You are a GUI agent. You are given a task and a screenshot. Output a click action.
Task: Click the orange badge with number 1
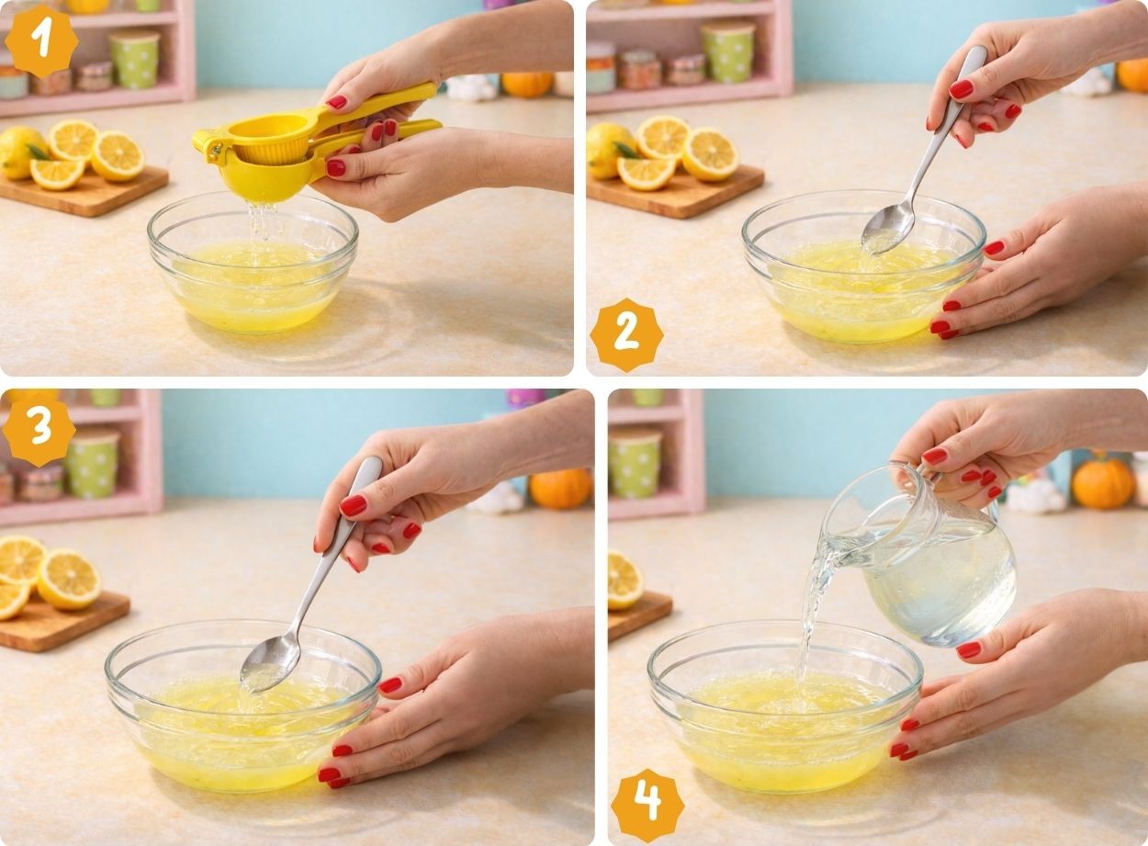(41, 41)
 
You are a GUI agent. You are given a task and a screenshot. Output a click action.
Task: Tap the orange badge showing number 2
(626, 335)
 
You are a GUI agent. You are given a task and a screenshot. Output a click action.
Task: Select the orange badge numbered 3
(39, 430)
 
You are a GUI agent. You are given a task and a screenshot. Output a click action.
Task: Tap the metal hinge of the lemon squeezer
(215, 151)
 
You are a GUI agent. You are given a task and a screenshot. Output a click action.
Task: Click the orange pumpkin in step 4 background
(1103, 484)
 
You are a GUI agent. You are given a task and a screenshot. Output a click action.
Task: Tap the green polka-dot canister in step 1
(134, 59)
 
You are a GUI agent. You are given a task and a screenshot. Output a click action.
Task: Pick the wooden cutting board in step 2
(675, 191)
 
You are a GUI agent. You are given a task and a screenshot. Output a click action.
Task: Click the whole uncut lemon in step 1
(20, 152)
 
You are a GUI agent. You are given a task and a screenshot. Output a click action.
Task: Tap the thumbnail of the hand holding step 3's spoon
(353, 505)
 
